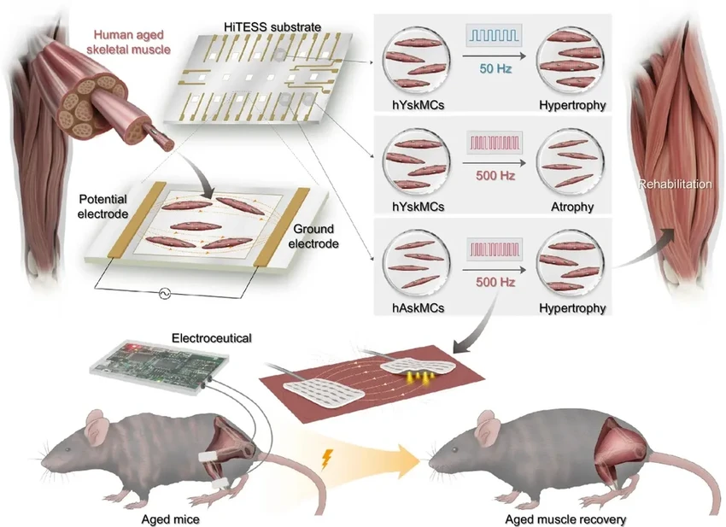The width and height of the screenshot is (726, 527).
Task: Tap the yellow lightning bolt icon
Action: coord(325,461)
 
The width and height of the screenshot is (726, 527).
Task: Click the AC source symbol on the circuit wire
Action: coord(162,295)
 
